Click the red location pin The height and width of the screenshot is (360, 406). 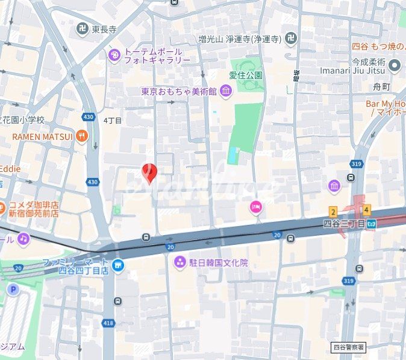(x=149, y=172)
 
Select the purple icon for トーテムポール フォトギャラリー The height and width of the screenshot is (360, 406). (x=114, y=55)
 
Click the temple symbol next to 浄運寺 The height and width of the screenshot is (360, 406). (x=291, y=39)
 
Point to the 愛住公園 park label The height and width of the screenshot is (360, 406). (x=246, y=75)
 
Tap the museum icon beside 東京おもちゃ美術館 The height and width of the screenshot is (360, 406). (x=226, y=92)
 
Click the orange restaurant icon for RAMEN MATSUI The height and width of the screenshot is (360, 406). (x=82, y=136)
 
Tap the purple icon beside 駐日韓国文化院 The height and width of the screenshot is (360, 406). (x=179, y=263)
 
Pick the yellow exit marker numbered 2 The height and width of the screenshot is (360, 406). (x=333, y=211)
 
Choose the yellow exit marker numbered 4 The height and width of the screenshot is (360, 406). (x=366, y=210)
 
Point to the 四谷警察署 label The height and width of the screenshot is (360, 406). (x=349, y=347)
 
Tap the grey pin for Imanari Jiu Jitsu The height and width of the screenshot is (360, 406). (x=395, y=65)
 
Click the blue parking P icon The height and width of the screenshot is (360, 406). (x=13, y=289)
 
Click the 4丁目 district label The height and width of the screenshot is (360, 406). (x=113, y=121)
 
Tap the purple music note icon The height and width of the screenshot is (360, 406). (x=23, y=239)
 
